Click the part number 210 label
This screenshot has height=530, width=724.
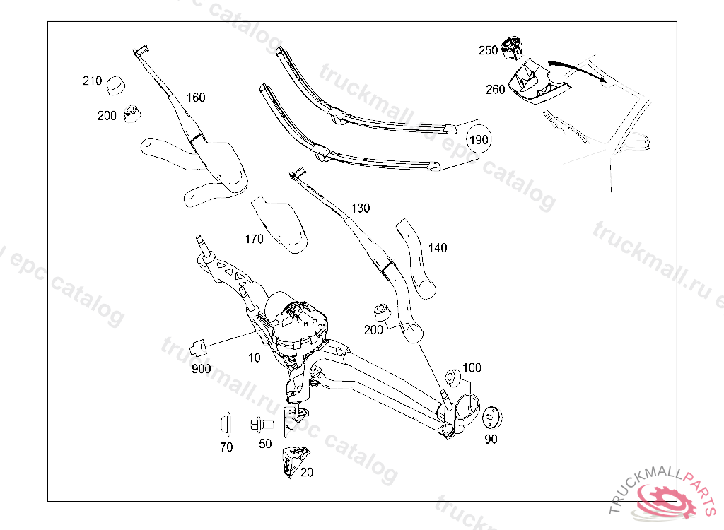click(93, 81)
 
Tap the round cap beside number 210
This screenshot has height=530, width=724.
click(115, 86)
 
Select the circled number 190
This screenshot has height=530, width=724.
click(479, 140)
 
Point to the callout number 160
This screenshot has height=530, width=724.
click(196, 98)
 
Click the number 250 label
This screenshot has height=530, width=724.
click(488, 50)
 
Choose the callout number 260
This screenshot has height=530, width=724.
click(495, 90)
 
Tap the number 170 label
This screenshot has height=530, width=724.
click(254, 240)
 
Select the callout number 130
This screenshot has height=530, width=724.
click(361, 208)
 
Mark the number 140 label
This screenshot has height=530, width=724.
click(438, 248)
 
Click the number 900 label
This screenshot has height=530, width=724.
click(201, 369)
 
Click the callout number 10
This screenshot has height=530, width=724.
click(255, 358)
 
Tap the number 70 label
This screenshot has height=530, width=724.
click(226, 447)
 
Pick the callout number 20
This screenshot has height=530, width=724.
click(307, 472)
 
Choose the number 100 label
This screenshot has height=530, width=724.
click(472, 368)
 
